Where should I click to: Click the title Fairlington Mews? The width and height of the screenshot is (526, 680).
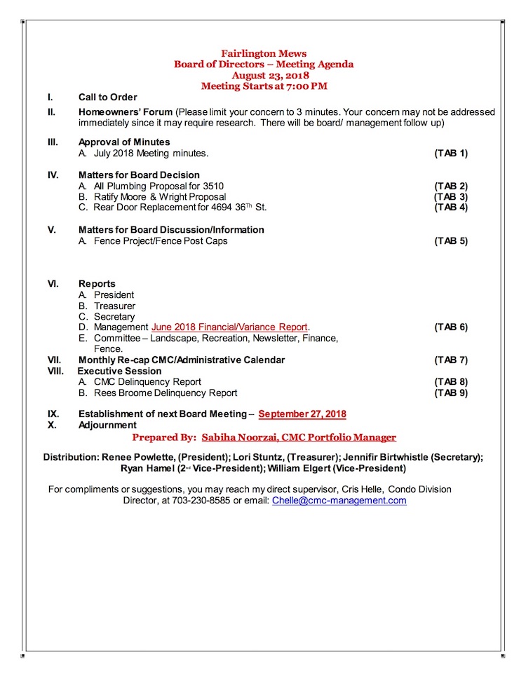pos(264,53)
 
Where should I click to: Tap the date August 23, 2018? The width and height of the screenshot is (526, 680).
pos(264,75)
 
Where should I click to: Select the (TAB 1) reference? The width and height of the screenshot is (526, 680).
pos(451,153)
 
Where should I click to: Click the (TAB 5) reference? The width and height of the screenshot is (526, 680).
pos(451,241)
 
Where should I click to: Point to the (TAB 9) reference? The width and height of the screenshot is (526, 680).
pos(451,393)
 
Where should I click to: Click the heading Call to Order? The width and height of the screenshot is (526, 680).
pos(107,97)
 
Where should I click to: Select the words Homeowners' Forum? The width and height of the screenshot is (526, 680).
pos(126,112)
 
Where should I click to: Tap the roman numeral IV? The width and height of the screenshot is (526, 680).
pos(53,175)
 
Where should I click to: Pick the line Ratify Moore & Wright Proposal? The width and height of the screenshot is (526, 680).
pos(159,197)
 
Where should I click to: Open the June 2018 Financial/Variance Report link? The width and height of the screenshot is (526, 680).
pos(229,327)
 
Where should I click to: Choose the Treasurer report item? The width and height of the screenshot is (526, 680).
pos(114,306)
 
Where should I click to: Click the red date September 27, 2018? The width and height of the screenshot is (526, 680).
pos(302,414)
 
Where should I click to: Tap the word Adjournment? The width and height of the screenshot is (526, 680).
pos(107,425)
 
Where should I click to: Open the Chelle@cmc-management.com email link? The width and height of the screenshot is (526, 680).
pos(339,501)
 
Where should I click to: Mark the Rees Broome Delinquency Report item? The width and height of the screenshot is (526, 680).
pos(165,393)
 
